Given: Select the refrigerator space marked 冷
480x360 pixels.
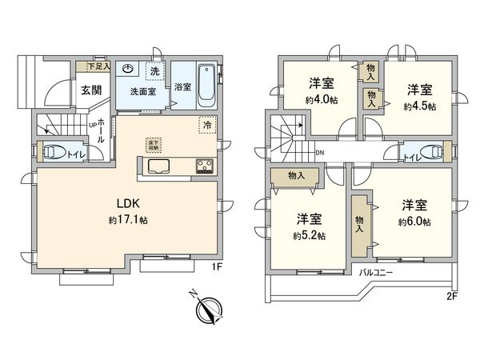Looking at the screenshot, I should [x=207, y=126].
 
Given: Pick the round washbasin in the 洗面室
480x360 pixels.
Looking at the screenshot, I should [x=127, y=70].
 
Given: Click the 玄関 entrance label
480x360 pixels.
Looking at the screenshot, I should [x=90, y=89].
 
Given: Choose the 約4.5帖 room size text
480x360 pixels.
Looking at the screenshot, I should [x=418, y=106].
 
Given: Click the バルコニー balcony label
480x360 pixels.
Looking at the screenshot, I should [x=376, y=273].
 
